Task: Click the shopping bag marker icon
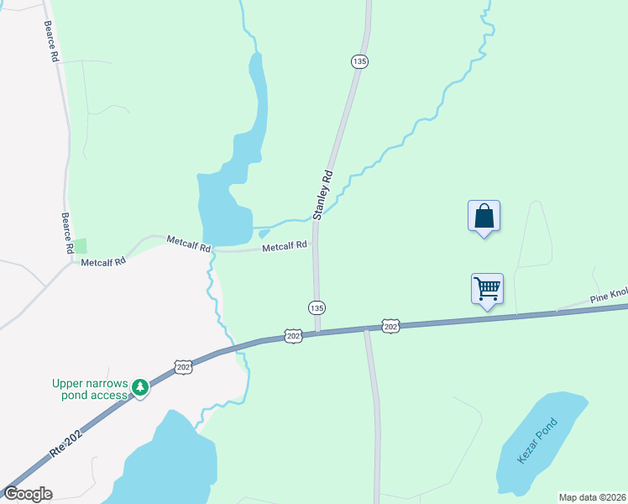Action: [484, 216]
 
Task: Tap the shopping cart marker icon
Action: [487, 289]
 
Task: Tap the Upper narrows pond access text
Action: [91, 389]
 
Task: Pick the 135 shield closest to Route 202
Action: [316, 307]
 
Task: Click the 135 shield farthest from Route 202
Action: [359, 61]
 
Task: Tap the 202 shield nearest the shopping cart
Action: [390, 324]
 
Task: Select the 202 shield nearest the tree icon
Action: [185, 366]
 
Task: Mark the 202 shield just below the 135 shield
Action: [292, 335]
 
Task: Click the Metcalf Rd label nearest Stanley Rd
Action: [284, 247]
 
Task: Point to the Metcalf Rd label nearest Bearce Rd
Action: [103, 261]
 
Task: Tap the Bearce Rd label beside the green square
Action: [66, 233]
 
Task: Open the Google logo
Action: [27, 494]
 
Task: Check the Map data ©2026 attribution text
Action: [592, 497]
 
